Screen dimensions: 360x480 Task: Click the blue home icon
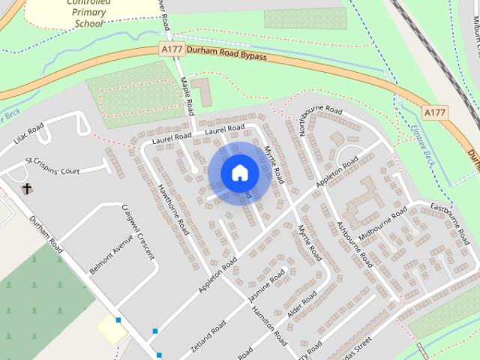pos(240,173)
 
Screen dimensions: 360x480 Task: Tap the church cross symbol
pos(27,188)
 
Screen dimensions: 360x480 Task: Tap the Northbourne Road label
pos(319,119)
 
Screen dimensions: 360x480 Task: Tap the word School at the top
pos(88,23)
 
